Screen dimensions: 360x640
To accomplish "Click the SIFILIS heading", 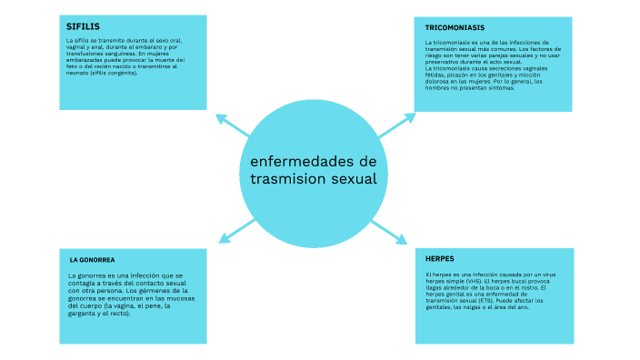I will click(x=81, y=25).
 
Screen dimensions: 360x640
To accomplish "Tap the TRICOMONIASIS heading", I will click(x=455, y=28).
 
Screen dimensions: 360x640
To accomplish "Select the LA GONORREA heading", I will click(x=92, y=259).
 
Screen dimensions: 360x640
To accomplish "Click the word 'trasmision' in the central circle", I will click(x=288, y=179).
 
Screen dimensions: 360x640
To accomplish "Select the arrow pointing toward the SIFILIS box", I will click(x=231, y=125).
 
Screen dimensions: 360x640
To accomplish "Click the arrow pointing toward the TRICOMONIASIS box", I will click(x=395, y=125).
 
